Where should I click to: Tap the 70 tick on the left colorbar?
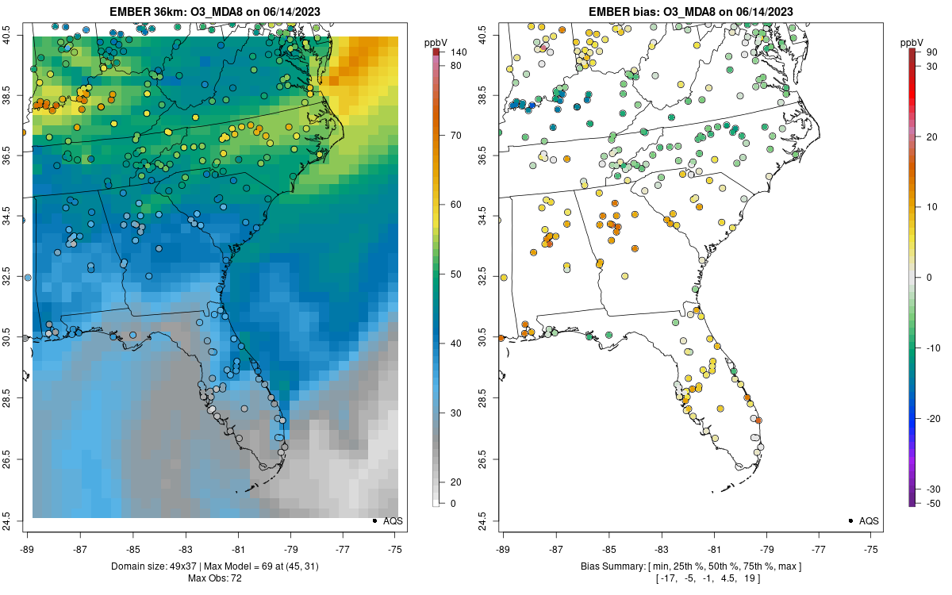pos(456,136)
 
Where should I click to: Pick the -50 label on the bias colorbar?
pos(934,503)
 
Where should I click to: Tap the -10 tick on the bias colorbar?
pos(934,347)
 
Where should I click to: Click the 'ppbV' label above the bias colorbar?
pos(912,41)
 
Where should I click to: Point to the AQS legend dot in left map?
pos(374,520)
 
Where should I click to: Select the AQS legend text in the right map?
pos(869,520)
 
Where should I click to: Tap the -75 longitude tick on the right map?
pos(872,547)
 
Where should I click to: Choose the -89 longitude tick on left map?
pos(27,547)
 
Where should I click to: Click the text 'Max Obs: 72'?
pos(215,578)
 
